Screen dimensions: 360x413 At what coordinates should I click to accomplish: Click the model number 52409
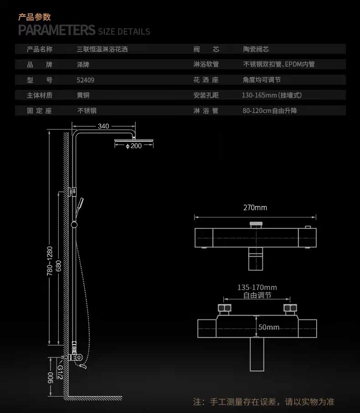pyautogui.click(x=85, y=80)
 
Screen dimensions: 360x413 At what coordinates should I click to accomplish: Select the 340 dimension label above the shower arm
pyautogui.click(x=103, y=126)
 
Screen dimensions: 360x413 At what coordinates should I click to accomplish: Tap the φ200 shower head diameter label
pyautogui.click(x=134, y=146)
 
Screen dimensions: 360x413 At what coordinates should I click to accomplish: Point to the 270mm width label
pyautogui.click(x=255, y=207)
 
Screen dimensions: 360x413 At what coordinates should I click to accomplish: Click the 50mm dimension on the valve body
pyautogui.click(x=268, y=327)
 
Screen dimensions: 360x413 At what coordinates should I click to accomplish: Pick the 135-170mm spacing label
pyautogui.click(x=257, y=287)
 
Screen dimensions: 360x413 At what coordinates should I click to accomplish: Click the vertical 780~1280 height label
pyautogui.click(x=50, y=261)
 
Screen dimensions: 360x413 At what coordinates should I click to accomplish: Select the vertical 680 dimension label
pyautogui.click(x=58, y=266)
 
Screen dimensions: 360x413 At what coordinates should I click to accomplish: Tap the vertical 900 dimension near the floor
pyautogui.click(x=51, y=378)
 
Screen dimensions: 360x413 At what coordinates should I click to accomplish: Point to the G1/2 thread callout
pyautogui.click(x=60, y=372)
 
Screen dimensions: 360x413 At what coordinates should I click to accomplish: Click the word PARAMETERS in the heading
pyautogui.click(x=57, y=30)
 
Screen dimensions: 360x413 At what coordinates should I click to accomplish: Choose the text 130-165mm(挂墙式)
pyautogui.click(x=272, y=95)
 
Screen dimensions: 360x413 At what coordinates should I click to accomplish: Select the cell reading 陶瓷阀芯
pyautogui.click(x=256, y=49)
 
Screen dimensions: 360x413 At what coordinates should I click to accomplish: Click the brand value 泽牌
pyautogui.click(x=83, y=65)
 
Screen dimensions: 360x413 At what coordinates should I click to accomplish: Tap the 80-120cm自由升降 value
pyautogui.click(x=270, y=111)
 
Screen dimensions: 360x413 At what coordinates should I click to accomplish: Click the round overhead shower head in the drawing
pyautogui.click(x=134, y=141)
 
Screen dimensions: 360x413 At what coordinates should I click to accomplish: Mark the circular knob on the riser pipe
pyautogui.click(x=74, y=225)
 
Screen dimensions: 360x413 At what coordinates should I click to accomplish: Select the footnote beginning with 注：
pyautogui.click(x=264, y=402)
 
